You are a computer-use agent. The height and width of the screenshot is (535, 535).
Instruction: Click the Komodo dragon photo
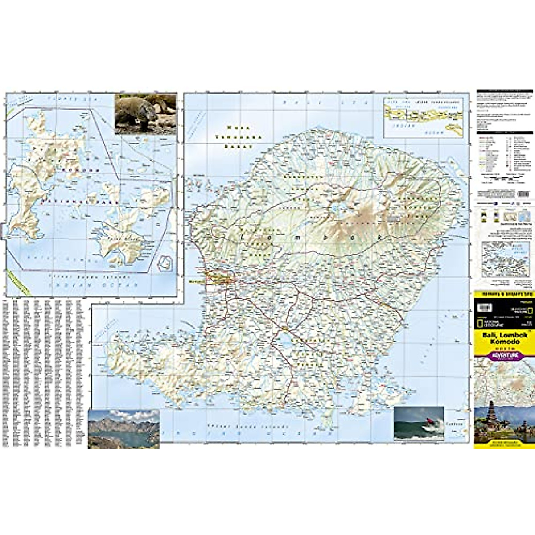point(145,114)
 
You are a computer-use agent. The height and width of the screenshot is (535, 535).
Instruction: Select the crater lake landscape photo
point(123,429)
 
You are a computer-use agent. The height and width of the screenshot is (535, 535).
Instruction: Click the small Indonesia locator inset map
point(422,117)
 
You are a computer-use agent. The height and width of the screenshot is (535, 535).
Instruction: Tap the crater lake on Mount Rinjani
point(335,207)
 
